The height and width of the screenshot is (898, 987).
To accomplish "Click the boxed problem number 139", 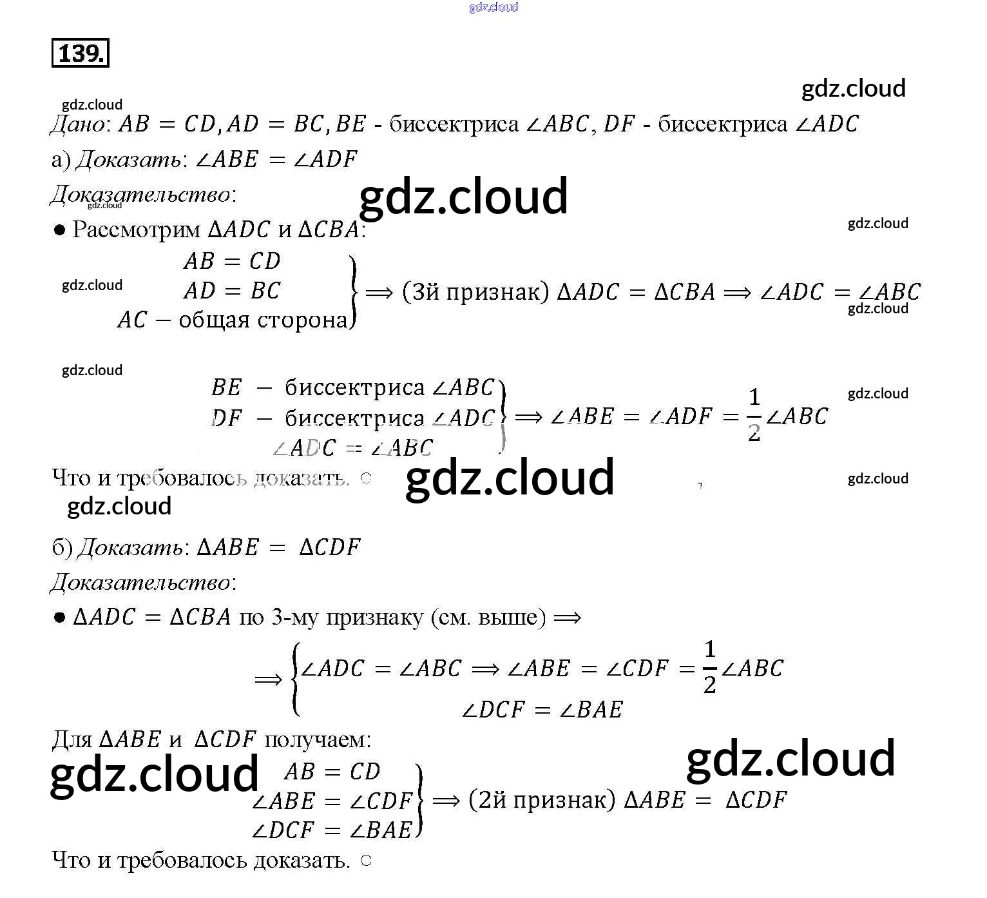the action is pos(81,54).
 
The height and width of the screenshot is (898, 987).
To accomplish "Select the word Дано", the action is pos(77,124).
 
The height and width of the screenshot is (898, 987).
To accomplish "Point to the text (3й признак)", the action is pos(475,292).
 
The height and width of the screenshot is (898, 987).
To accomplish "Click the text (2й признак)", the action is pos(542,800).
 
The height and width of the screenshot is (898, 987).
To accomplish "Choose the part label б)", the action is pos(62,547).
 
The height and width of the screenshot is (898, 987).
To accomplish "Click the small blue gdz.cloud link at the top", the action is pos(493,7).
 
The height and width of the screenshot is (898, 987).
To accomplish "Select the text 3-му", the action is pos(295,618).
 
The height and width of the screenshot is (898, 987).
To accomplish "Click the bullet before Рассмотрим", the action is pos(60,230).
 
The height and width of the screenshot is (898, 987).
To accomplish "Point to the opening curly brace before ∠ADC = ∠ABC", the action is pos(295,679).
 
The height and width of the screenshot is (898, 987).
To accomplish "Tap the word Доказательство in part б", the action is pos(140,583).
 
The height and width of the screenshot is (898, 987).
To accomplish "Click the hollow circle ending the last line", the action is pos(366,861).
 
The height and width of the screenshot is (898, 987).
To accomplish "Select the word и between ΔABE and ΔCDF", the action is pos(175,739).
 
